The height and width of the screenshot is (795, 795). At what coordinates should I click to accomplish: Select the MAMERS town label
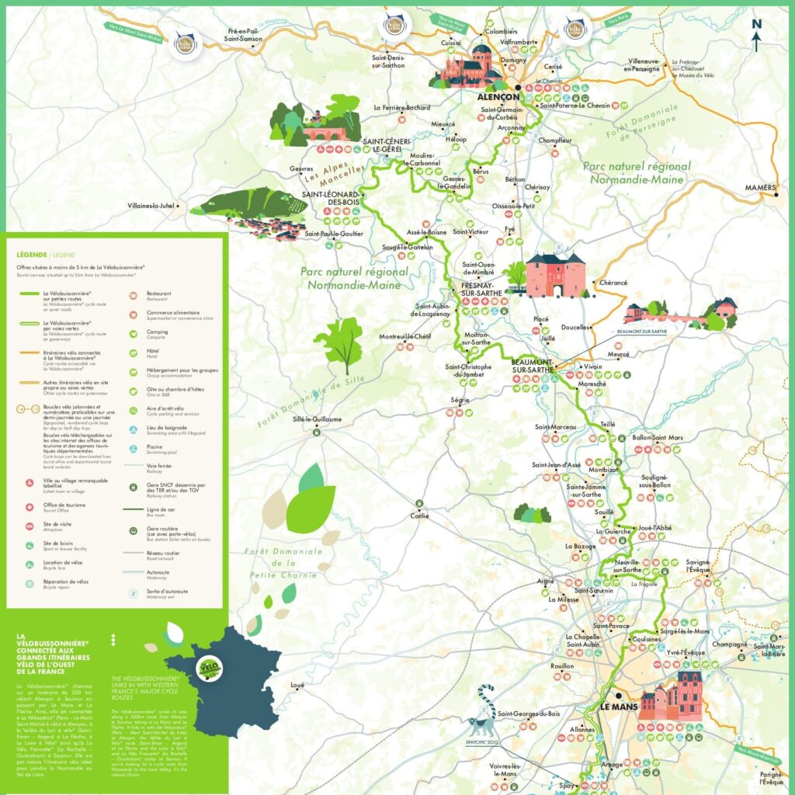tap(760, 187)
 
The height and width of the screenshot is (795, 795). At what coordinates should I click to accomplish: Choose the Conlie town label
tap(418, 515)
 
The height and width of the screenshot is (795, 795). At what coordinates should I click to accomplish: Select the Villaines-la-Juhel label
tap(151, 206)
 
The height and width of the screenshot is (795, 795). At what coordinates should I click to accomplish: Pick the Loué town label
tap(297, 685)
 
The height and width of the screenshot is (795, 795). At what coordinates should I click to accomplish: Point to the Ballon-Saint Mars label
tap(657, 438)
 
